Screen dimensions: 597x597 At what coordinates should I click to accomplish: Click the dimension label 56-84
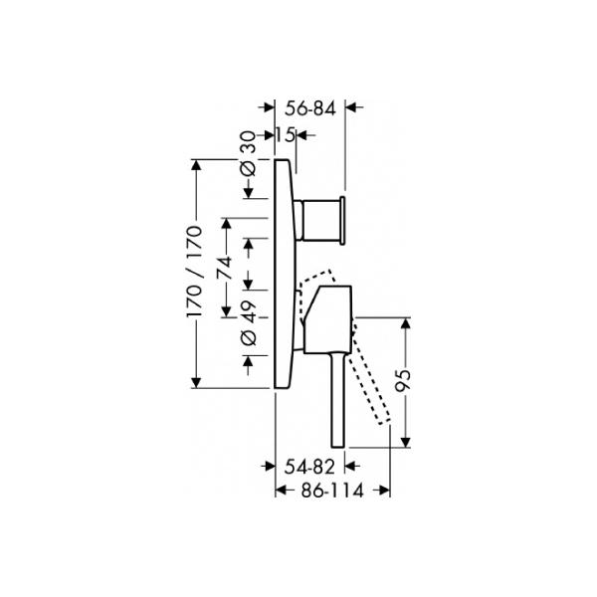pyautogui.click(x=310, y=108)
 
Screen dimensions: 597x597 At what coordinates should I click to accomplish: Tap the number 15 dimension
pyautogui.click(x=286, y=134)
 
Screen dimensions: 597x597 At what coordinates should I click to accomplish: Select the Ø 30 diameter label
pyautogui.click(x=249, y=153)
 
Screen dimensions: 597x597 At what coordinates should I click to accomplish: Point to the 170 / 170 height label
pyautogui.click(x=195, y=272)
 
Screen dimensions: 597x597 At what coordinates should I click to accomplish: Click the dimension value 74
pyautogui.click(x=225, y=268)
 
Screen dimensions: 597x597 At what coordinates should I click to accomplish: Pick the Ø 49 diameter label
pyautogui.click(x=249, y=322)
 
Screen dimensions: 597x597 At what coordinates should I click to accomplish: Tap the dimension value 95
pyautogui.click(x=403, y=380)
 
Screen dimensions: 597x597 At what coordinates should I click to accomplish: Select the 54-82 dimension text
pyautogui.click(x=309, y=467)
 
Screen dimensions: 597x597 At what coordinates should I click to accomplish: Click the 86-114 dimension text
pyautogui.click(x=332, y=491)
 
